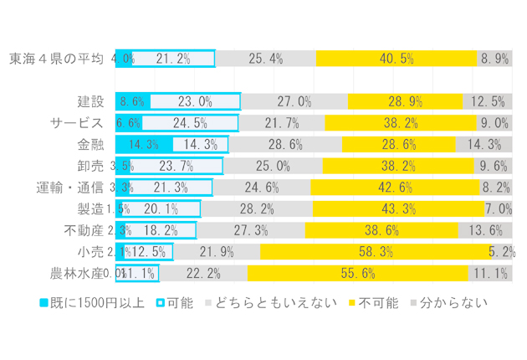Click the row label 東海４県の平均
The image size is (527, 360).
[x=55, y=59]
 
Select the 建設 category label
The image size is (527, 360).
[x=90, y=101]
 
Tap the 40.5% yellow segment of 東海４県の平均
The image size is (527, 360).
[x=396, y=59]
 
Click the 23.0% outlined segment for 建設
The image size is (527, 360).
[x=194, y=101]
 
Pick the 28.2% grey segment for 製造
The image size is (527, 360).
[x=257, y=208]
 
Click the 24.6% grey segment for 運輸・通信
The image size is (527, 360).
[x=261, y=187]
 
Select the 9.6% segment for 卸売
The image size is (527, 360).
[x=492, y=166]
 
